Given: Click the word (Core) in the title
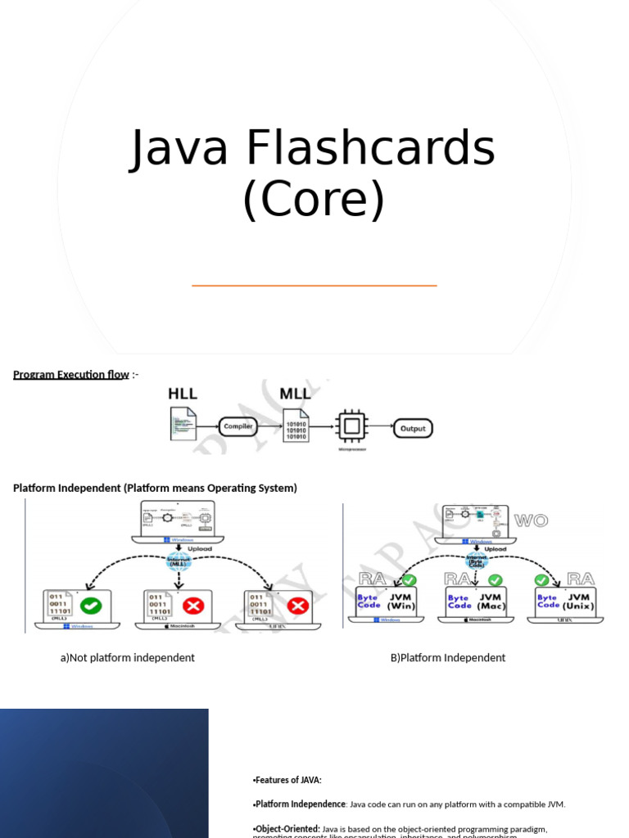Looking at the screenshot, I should click(x=314, y=198).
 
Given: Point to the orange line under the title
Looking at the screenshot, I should click(x=314, y=286).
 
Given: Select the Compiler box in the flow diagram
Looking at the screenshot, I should click(x=238, y=426).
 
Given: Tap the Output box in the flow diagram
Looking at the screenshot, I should click(x=413, y=428).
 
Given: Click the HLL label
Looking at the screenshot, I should click(x=183, y=394).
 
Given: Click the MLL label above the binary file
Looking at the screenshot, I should click(x=295, y=394).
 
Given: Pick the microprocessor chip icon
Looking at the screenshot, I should click(x=352, y=427).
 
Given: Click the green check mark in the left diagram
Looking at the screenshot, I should click(x=92, y=606).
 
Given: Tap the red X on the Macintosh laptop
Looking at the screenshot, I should click(x=193, y=606).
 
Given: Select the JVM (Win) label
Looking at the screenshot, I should click(x=400, y=601).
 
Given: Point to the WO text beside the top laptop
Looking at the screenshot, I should click(x=531, y=520).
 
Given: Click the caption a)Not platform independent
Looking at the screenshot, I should click(x=127, y=658).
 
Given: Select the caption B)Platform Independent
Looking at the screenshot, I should click(x=448, y=658).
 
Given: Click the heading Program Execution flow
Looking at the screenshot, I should click(x=71, y=375).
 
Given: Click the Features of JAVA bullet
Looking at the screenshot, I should click(x=287, y=780).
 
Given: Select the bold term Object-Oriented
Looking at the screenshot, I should click(x=287, y=829).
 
